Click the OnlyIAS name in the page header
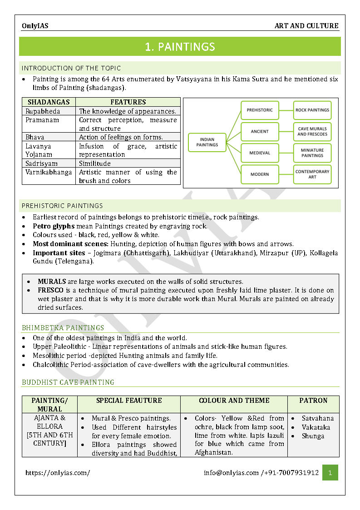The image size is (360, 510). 35,26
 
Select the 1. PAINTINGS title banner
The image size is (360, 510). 180,47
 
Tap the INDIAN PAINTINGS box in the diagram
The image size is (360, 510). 207,142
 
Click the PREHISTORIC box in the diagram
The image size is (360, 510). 260,110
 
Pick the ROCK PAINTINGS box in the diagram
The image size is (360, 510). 312,110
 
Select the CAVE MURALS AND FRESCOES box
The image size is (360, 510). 312,131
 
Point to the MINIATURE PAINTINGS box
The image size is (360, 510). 312,153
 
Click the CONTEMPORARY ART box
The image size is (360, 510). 312,174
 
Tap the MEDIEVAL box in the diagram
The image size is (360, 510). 260,153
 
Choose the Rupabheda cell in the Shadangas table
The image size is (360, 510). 43,111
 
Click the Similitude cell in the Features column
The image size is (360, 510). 95,163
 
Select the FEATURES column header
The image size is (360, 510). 128,102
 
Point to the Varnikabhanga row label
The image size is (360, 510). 49,172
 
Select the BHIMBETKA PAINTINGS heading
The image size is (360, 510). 63,328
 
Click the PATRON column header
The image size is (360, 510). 313,401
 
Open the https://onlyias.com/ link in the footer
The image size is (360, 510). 58,473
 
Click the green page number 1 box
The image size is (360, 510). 330,473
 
